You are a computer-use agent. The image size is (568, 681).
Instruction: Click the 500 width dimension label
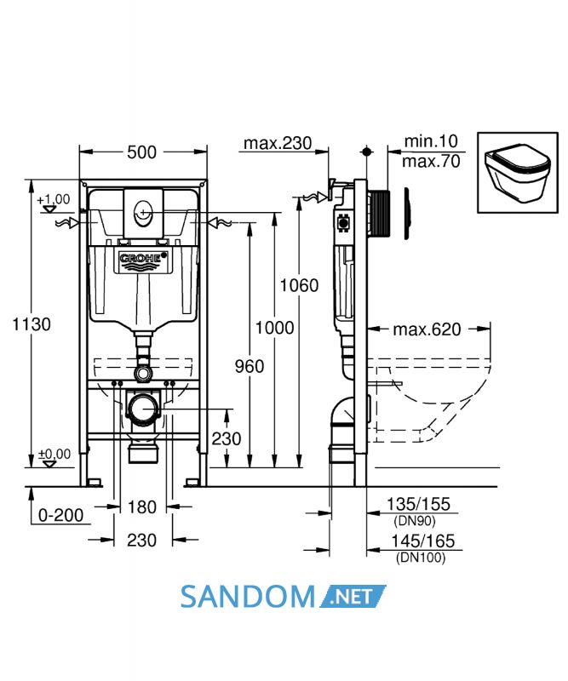click(x=141, y=152)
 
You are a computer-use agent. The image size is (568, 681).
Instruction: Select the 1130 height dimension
click(x=32, y=324)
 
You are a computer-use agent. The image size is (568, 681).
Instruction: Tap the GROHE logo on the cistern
click(x=143, y=260)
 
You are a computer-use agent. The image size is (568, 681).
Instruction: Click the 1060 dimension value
click(x=299, y=285)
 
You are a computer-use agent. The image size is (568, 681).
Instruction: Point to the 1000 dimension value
click(x=274, y=328)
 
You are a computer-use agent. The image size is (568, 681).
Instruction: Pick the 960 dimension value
click(x=250, y=366)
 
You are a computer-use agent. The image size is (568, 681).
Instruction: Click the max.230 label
click(x=278, y=143)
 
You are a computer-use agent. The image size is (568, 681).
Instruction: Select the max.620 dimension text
click(x=427, y=329)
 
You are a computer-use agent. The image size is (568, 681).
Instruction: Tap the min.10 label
click(x=431, y=140)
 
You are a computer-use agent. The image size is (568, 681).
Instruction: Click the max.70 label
click(x=431, y=161)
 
